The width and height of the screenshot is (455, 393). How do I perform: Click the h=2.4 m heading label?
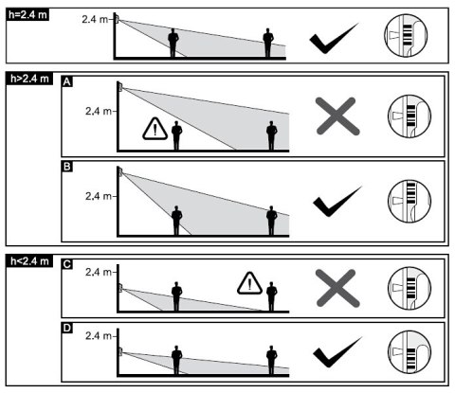tap(27, 14)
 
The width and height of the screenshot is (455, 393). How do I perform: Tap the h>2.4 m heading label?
tap(29, 79)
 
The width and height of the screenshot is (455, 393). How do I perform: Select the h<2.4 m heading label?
tap(29, 261)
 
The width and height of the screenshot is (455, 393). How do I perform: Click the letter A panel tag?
tap(67, 81)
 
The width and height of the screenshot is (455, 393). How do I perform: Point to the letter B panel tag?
tap(67, 167)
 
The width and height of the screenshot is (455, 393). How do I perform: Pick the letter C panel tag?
tap(67, 264)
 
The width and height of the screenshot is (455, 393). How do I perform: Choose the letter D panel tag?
tap(67, 328)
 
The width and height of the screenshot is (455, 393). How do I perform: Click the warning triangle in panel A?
tap(155, 129)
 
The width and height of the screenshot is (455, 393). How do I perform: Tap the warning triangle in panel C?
tap(249, 283)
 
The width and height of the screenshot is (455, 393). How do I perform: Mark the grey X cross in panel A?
tap(337, 116)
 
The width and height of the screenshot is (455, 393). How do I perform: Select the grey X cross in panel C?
tap(337, 288)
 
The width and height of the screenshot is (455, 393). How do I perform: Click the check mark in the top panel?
tap(334, 38)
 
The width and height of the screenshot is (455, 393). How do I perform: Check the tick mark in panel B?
tap(337, 201)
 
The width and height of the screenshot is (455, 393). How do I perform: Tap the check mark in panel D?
tap(337, 352)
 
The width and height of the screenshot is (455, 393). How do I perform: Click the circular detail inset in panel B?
tap(409, 201)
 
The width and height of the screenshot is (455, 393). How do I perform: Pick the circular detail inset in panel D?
tap(409, 352)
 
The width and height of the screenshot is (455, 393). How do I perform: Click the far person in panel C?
tap(271, 296)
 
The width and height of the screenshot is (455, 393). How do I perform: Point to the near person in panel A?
tap(176, 135)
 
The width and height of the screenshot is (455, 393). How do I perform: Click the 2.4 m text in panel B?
tap(99, 196)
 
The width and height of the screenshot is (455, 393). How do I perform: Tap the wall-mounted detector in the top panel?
tap(117, 19)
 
